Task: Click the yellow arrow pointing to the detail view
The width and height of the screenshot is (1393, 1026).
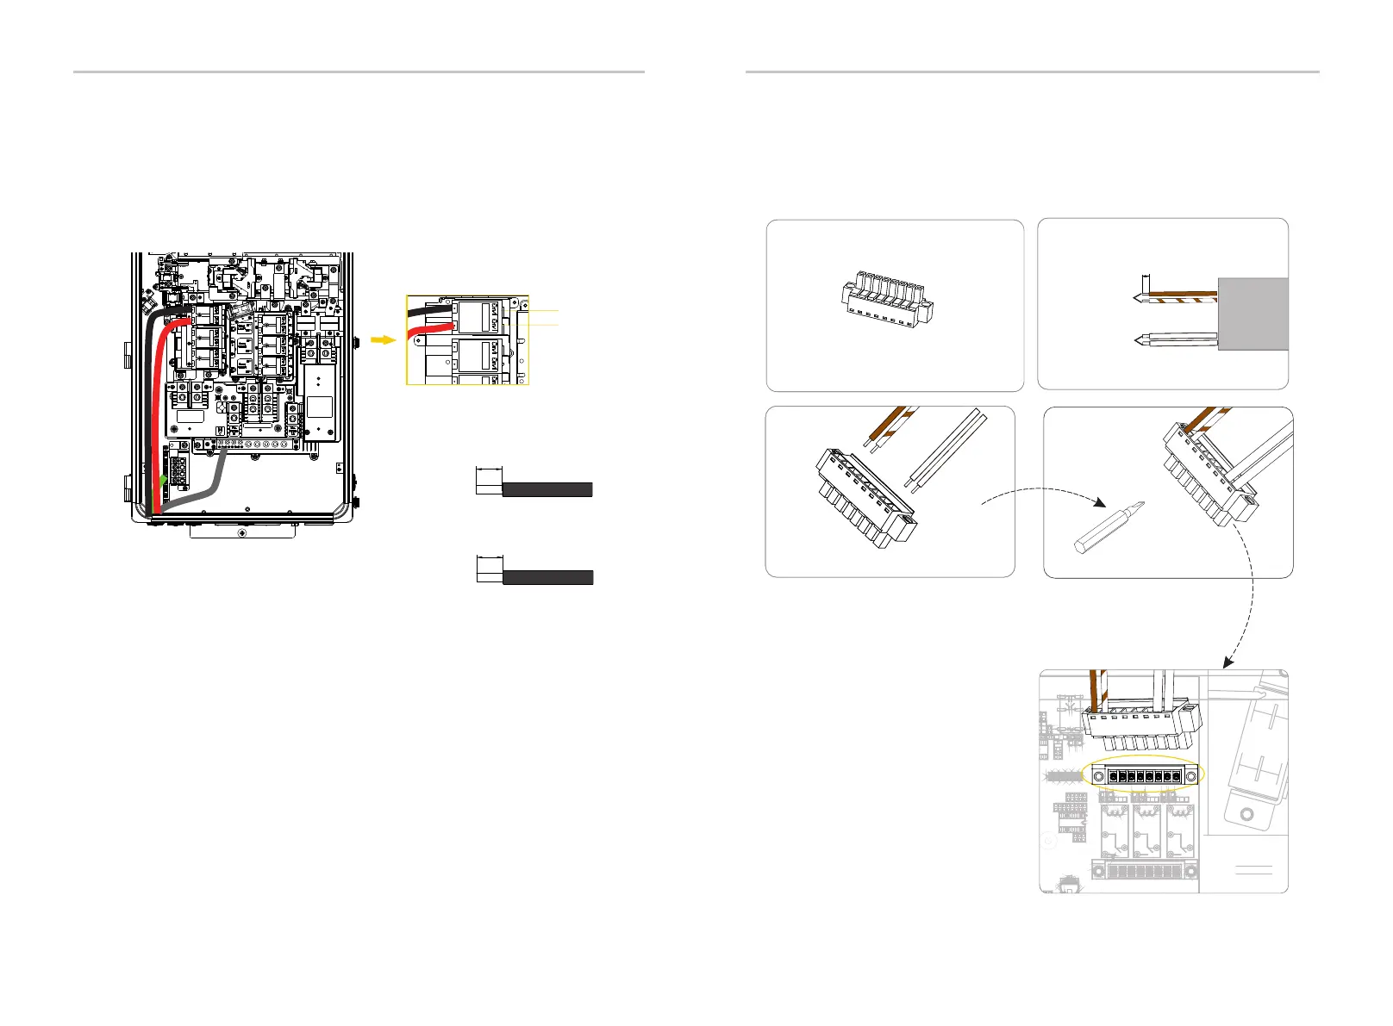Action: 383,339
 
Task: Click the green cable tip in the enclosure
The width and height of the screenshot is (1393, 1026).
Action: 162,480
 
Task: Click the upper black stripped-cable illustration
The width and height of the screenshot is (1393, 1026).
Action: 547,489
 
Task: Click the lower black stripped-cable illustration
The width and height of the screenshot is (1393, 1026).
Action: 547,577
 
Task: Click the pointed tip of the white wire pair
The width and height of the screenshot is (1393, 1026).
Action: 1135,340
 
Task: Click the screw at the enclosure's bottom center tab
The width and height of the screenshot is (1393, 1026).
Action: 241,533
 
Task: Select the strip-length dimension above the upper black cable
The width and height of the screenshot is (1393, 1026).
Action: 489,470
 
